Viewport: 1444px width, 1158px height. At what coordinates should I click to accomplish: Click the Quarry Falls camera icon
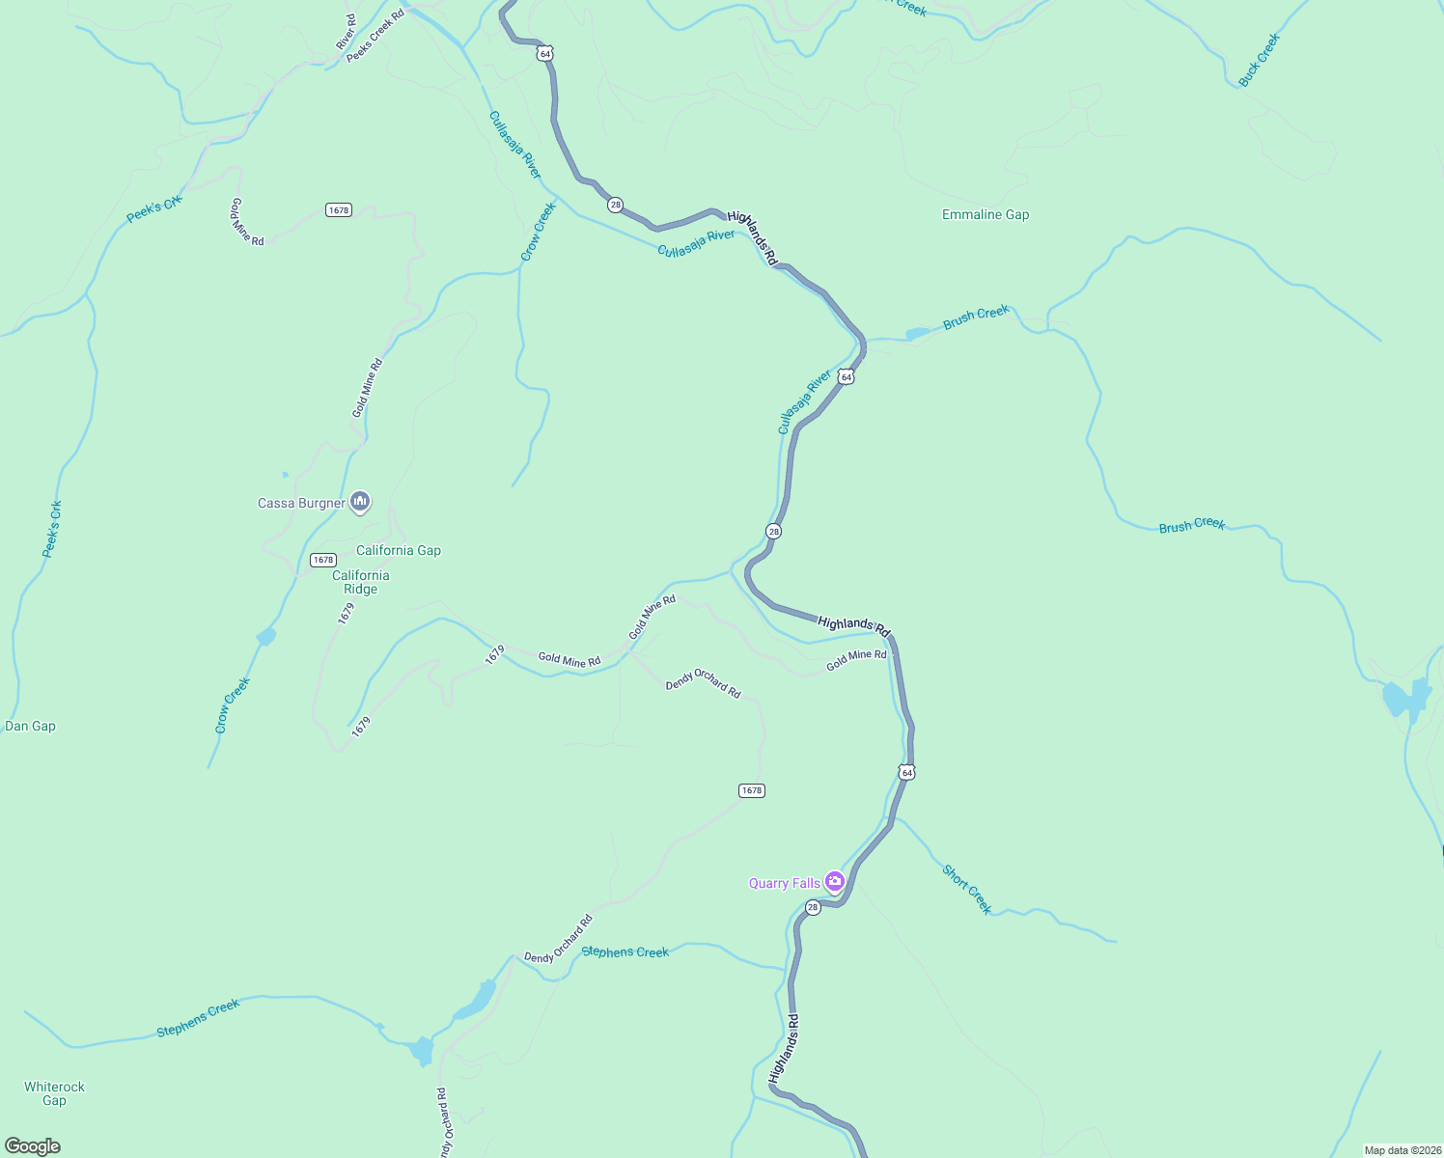835,881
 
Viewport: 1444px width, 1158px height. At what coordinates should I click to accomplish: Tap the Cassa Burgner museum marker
360,502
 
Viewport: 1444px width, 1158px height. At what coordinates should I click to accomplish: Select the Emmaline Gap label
986,214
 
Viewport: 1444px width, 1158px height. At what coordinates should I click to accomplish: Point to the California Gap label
398,550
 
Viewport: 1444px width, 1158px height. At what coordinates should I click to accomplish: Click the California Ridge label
360,582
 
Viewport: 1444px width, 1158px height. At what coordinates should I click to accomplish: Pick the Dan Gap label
30,726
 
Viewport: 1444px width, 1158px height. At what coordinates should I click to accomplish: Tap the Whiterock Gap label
54,1093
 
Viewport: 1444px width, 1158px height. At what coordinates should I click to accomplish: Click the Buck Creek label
1259,60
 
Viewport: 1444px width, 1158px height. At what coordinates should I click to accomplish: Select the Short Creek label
966,889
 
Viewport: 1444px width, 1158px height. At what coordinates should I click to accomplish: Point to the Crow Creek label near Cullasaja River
539,231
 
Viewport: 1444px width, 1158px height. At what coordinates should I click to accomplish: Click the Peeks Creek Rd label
375,37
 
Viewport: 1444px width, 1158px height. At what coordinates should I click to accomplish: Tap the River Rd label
346,32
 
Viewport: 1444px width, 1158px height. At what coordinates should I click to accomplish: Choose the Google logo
32,1146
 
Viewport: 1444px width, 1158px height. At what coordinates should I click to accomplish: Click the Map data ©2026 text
1402,1150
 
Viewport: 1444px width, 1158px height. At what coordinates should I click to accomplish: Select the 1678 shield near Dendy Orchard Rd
752,790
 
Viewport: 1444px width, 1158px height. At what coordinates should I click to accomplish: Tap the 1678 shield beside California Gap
322,560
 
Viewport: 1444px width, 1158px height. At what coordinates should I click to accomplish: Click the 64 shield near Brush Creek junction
846,376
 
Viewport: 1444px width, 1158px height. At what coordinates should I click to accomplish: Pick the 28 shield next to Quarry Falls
813,907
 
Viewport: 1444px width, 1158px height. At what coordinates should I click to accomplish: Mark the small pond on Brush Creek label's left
917,334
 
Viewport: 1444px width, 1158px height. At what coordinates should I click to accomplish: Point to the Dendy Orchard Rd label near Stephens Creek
558,939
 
